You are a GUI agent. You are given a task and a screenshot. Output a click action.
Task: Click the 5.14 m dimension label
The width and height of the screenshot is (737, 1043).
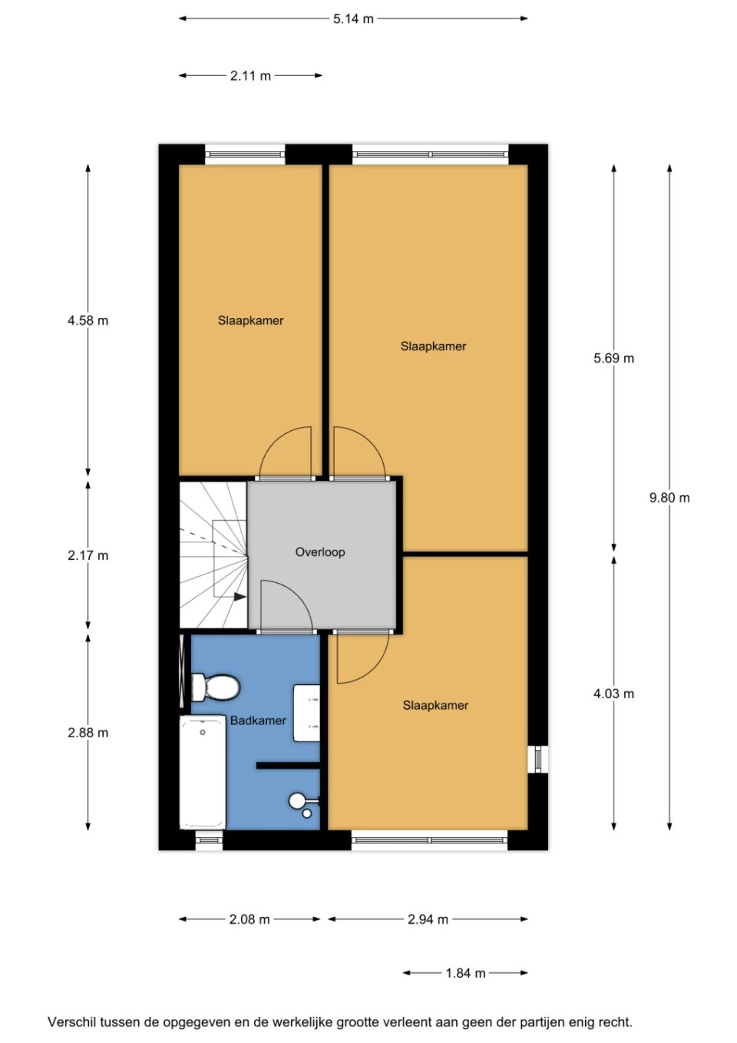click(x=353, y=19)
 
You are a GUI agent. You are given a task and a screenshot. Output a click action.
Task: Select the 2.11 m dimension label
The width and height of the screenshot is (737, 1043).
click(x=250, y=76)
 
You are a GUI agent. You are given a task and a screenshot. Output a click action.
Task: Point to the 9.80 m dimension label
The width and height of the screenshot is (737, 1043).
click(x=669, y=498)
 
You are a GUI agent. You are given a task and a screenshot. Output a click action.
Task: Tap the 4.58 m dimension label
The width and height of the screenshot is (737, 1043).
click(x=88, y=320)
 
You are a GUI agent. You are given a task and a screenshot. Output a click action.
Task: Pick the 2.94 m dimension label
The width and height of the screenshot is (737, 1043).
click(x=428, y=919)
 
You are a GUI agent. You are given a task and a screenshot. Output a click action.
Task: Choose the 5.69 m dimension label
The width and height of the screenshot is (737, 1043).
click(x=613, y=358)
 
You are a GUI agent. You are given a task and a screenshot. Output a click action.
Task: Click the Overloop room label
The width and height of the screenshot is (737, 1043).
click(x=320, y=552)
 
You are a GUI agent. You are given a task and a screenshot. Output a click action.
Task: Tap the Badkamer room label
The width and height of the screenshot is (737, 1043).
click(x=258, y=720)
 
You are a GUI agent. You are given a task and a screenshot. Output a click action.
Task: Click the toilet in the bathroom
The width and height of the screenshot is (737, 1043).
click(x=215, y=687)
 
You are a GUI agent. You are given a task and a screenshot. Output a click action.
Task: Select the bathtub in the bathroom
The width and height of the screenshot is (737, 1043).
click(x=203, y=773)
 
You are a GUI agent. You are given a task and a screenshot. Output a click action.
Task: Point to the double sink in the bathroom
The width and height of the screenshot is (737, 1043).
click(x=306, y=714)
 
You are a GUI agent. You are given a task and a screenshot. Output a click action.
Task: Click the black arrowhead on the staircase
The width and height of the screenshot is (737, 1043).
click(x=240, y=597)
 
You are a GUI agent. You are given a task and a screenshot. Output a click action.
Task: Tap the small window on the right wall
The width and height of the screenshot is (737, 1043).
click(x=538, y=759)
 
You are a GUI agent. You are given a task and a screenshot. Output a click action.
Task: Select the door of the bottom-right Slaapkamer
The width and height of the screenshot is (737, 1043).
click(x=362, y=657)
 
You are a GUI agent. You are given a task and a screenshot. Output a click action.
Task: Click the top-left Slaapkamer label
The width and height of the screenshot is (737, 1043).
click(x=251, y=320)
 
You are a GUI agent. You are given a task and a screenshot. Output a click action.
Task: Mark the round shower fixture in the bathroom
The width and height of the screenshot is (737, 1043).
click(x=297, y=801)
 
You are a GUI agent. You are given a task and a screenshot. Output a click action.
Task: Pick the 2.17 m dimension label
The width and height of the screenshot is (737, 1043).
click(x=88, y=555)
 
